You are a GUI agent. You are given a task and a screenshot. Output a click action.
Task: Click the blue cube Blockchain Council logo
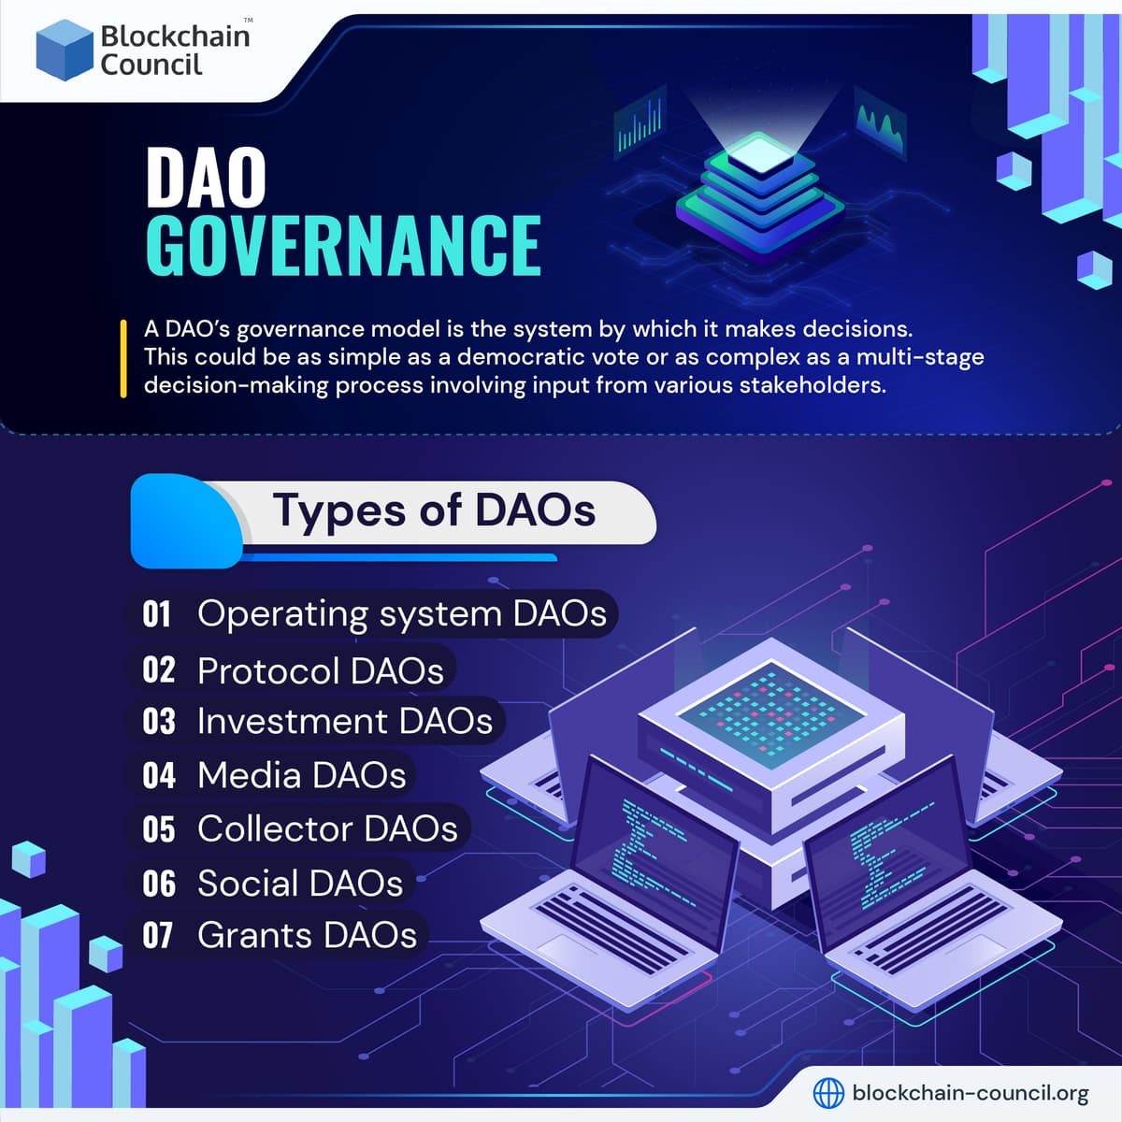[64, 50]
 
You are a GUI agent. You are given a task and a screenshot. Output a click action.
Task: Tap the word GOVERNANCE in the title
[343, 246]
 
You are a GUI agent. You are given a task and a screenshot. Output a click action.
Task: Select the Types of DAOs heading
[434, 511]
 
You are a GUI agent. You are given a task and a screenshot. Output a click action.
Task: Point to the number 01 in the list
[157, 614]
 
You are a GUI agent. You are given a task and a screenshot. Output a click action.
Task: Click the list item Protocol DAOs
[320, 671]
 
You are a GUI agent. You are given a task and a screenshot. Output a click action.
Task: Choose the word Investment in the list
[292, 722]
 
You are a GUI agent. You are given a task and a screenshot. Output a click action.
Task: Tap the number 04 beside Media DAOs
[158, 775]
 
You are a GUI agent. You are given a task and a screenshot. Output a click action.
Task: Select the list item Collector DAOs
[327, 829]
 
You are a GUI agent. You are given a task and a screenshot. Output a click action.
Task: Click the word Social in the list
[247, 884]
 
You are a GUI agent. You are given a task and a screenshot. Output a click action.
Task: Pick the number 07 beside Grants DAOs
[158, 936]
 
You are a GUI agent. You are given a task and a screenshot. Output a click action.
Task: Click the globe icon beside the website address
[828, 1092]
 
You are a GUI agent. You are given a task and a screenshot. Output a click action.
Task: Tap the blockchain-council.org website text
[971, 1092]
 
